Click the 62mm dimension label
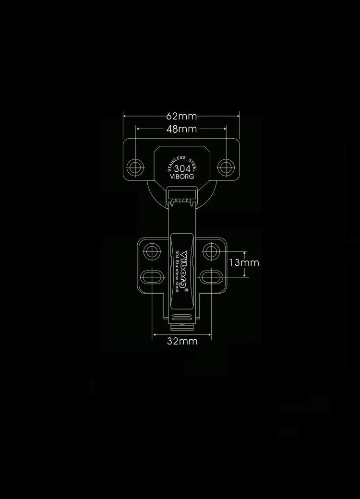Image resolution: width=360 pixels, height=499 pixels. coord(181,116)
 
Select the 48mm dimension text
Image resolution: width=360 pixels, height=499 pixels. coord(181,129)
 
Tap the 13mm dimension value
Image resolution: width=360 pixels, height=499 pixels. coord(244,262)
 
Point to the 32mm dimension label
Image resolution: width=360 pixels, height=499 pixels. coord(182,341)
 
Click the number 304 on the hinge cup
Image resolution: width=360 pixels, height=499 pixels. coord(182,169)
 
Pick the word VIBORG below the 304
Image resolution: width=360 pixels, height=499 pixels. coord(182,177)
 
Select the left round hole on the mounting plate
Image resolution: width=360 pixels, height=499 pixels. coord(153,251)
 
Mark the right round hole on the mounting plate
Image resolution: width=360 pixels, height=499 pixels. coord(210,251)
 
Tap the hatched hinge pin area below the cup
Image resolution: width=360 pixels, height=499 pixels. coord(181,198)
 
